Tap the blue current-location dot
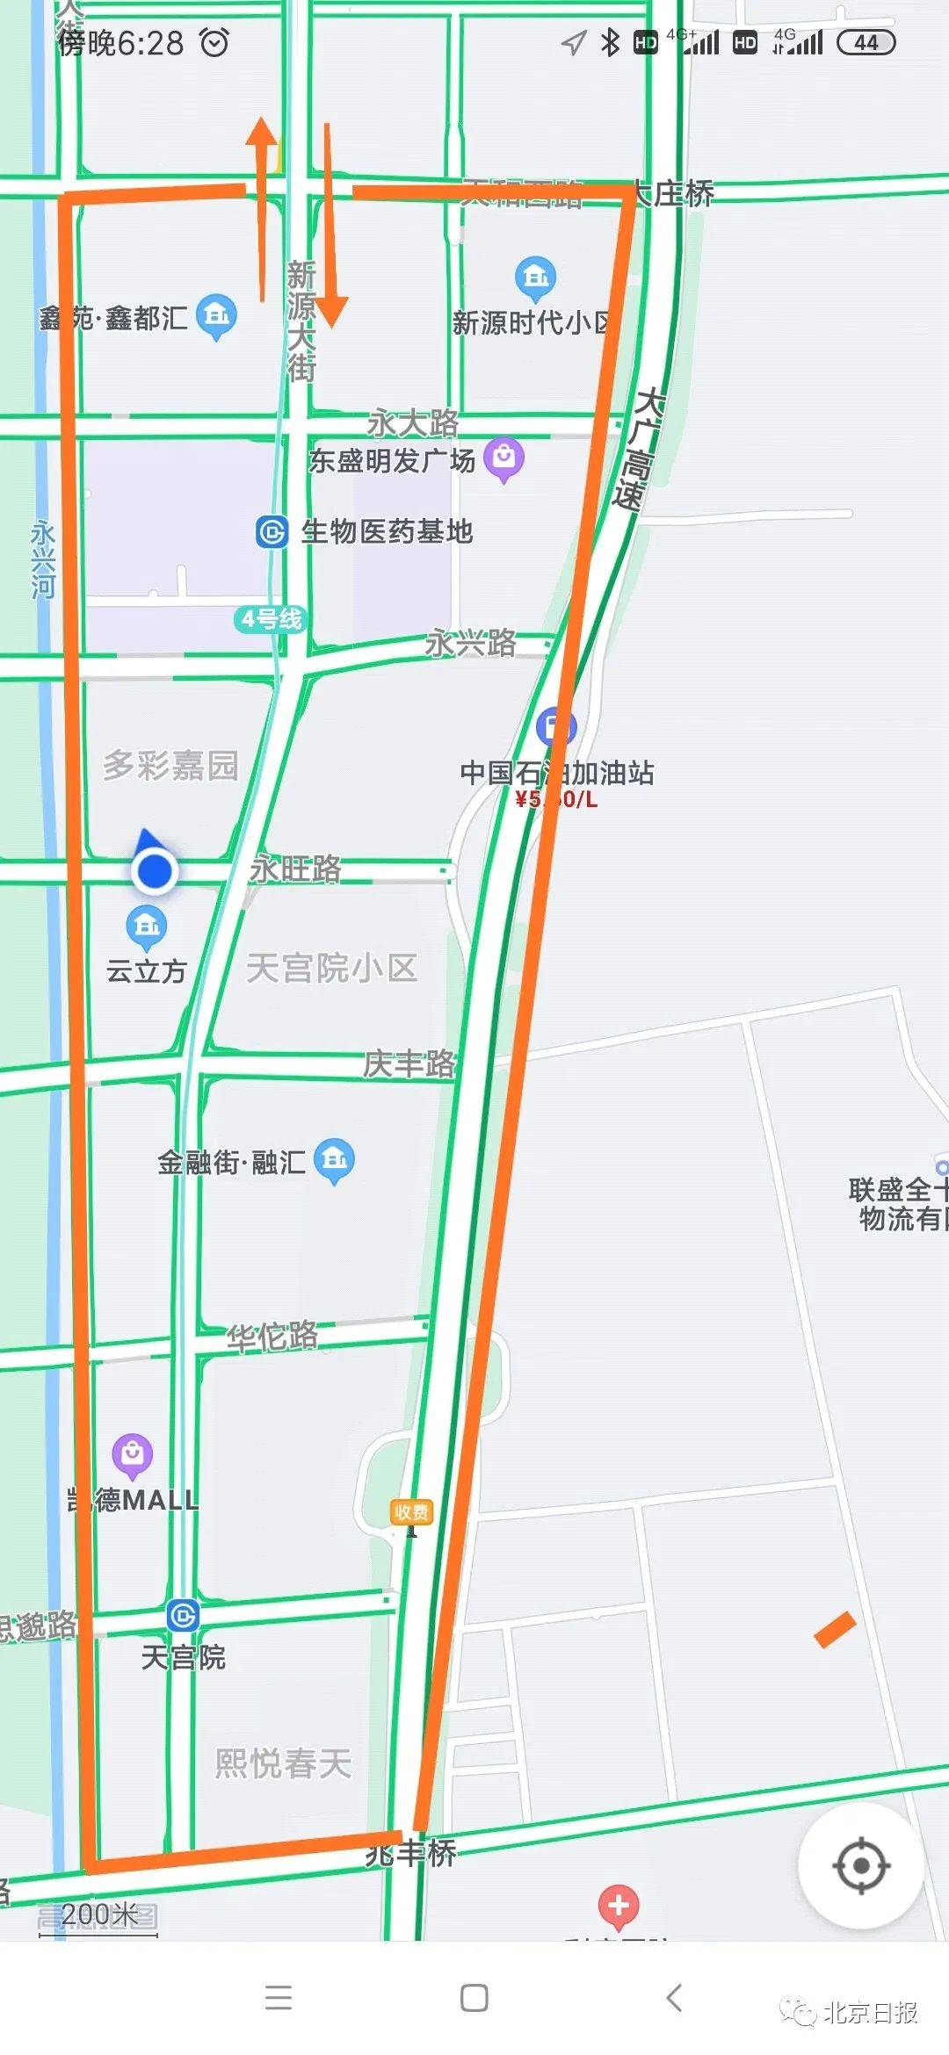155,871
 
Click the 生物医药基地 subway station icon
272,532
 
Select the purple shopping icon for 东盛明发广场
504,457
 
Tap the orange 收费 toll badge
411,1511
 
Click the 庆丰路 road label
409,1064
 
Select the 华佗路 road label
272,1337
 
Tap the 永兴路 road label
471,644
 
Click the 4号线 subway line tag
271,619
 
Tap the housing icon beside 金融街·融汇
335,1159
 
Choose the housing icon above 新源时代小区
535,278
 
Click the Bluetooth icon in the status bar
610,42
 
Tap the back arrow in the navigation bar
674,1998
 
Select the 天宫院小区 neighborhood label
331,968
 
